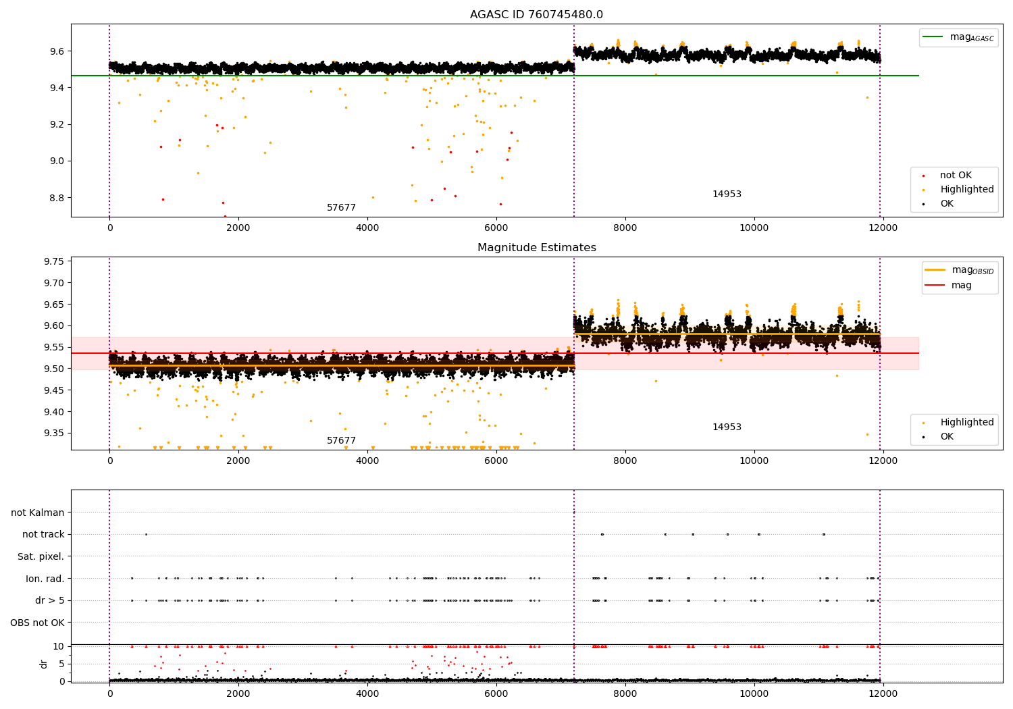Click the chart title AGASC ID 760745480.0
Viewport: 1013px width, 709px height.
click(x=536, y=15)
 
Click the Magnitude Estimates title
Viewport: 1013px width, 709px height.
click(x=536, y=248)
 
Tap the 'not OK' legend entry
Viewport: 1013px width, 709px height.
click(x=956, y=176)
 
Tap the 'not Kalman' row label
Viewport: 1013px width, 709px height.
click(x=38, y=513)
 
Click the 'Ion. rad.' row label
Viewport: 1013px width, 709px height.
click(x=45, y=579)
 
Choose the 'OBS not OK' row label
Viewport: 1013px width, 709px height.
click(x=38, y=623)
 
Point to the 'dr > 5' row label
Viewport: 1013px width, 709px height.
click(x=50, y=600)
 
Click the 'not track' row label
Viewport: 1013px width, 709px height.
click(x=43, y=535)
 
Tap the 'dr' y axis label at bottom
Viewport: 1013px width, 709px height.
click(x=44, y=664)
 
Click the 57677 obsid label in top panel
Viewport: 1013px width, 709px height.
click(x=341, y=208)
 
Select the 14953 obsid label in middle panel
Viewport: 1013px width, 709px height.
click(x=727, y=427)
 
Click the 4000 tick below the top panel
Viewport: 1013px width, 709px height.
click(x=367, y=228)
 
